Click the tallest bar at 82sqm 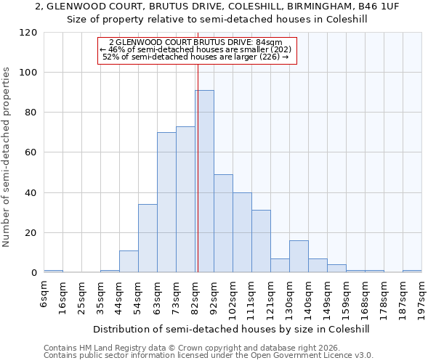204,181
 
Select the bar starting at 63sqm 166,203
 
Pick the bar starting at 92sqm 223,224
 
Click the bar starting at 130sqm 299,256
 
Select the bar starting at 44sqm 129,261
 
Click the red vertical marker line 197,167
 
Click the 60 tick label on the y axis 31,153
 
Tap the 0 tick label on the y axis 34,273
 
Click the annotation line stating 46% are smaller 195,49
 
